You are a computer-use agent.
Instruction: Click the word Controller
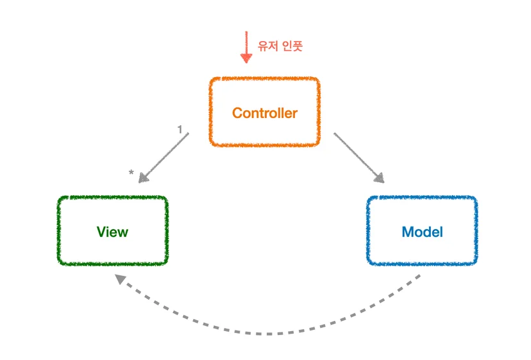(265, 113)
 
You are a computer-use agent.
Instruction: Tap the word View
(112, 232)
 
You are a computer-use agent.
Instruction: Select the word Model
(422, 232)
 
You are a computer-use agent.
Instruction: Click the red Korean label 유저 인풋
(280, 46)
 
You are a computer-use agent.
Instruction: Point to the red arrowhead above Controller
(246, 58)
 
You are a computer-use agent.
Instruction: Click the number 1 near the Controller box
(180, 129)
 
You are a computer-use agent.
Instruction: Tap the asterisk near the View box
(131, 173)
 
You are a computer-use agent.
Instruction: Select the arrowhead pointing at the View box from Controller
(143, 178)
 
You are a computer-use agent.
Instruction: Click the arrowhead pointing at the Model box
(380, 178)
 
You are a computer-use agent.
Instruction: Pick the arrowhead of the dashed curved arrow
(120, 279)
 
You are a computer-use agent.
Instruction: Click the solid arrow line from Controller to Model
(359, 158)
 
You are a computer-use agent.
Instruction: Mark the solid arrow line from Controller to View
(164, 158)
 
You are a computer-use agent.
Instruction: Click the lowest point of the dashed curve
(267, 334)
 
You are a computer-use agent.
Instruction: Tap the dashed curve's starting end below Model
(419, 277)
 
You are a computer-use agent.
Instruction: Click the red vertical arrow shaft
(246, 42)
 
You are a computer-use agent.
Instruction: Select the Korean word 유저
(268, 46)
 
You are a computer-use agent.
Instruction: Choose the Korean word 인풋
(292, 46)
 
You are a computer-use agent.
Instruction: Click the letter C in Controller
(237, 113)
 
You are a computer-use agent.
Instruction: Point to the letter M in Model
(408, 232)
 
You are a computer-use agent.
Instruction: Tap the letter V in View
(102, 232)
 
